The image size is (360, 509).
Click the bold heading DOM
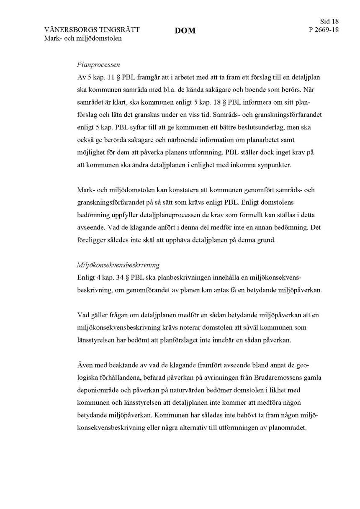click(185, 31)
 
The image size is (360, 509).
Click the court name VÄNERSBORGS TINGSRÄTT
click(92, 30)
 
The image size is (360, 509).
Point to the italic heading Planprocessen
click(98, 65)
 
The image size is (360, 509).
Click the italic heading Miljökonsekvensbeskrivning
click(118, 265)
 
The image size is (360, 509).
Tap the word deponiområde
click(98, 390)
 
